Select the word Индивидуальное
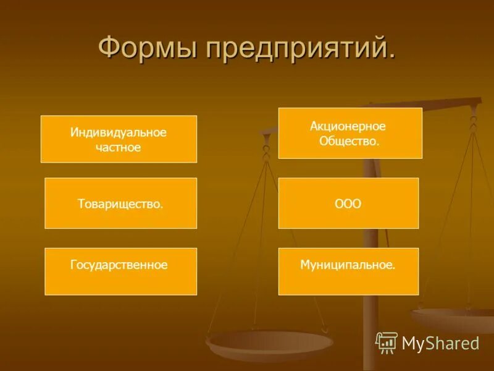pos(119,132)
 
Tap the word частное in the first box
pos(119,147)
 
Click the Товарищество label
pos(120,203)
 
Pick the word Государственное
pos(119,265)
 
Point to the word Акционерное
pos(348,126)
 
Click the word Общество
pos(349,141)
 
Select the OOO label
pos(348,203)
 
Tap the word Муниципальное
pos(347,265)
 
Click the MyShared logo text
pos(440,343)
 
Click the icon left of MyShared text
pos(387,343)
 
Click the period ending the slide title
pos(391,59)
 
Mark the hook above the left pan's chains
pos(267,148)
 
